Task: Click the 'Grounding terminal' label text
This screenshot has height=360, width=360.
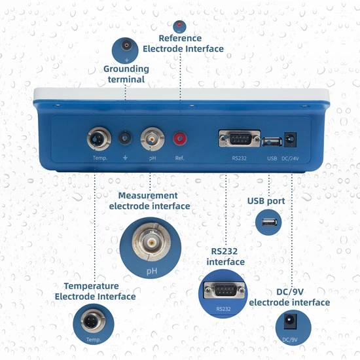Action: [126, 74]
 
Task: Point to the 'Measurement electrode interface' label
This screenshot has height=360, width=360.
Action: [149, 201]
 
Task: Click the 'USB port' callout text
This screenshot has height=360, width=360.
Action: [266, 201]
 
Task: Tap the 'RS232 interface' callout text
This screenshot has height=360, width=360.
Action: [226, 257]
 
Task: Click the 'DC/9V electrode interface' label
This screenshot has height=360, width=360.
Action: [289, 297]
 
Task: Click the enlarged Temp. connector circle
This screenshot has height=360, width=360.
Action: [92, 325]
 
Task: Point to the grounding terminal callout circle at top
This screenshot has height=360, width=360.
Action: [126, 48]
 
